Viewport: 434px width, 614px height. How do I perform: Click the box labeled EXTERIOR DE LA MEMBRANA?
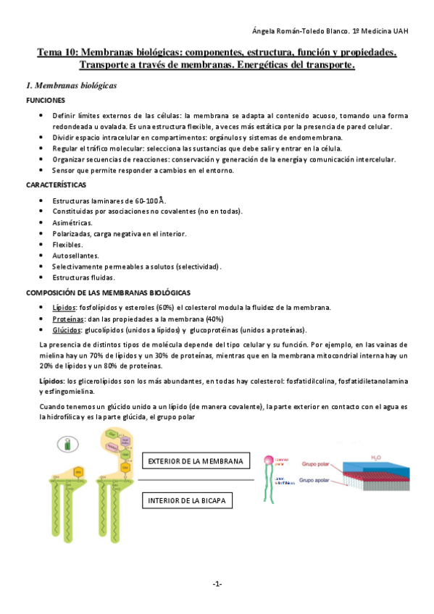(195, 461)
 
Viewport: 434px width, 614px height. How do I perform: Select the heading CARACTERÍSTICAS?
(57, 185)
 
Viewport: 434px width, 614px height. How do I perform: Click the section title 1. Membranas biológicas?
(71, 85)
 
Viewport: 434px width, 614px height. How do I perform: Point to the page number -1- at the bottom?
(217, 584)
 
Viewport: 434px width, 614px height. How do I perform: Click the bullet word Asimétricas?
(72, 223)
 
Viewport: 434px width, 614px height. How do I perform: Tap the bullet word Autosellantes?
(76, 256)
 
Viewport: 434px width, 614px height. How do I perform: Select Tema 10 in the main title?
(57, 53)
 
